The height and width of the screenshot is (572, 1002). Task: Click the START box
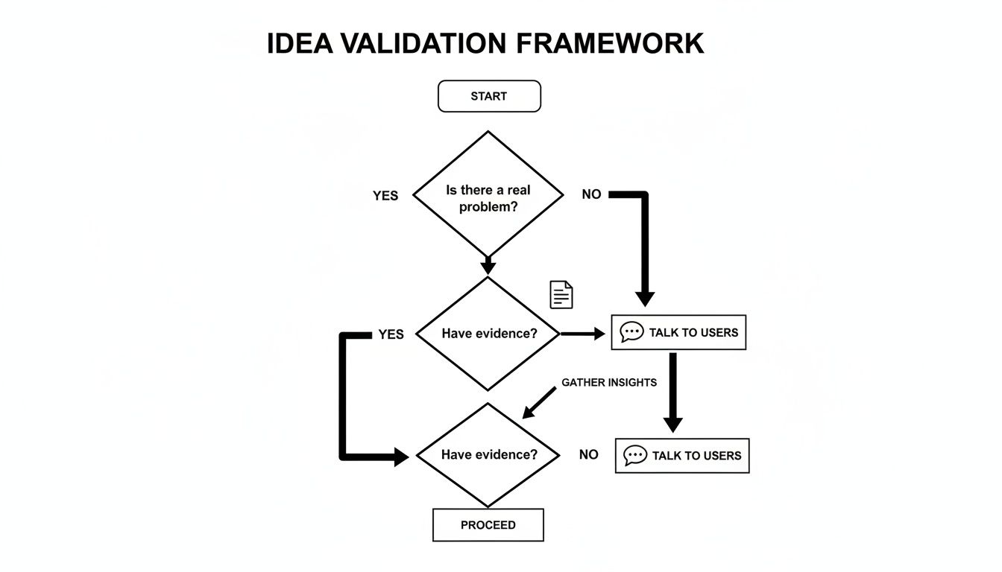coord(489,97)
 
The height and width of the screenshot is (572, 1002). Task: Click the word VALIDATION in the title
coord(424,43)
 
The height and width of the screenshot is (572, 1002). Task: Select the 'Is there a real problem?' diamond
coord(488,196)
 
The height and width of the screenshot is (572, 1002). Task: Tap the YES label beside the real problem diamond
coord(385,196)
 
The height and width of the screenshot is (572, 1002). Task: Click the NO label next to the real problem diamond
coord(591,194)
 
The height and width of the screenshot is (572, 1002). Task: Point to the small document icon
coord(561,295)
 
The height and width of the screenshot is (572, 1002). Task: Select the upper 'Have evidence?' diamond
coord(488,334)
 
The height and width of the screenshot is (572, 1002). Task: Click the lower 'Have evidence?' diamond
coord(488,454)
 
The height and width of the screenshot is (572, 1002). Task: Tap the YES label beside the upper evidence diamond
coord(391,334)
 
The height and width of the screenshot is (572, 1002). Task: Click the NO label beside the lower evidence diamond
coord(588,454)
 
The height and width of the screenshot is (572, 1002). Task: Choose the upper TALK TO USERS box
coord(678,332)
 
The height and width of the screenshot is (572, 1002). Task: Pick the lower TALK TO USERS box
coord(682,455)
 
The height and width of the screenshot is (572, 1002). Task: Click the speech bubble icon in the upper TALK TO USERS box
coord(631,332)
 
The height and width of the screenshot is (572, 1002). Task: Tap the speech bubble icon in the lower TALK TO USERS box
coord(634,455)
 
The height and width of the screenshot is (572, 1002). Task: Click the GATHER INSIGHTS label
coord(609,382)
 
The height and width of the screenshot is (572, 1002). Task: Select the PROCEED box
coord(488,525)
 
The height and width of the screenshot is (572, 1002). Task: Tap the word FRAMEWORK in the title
coord(609,43)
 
